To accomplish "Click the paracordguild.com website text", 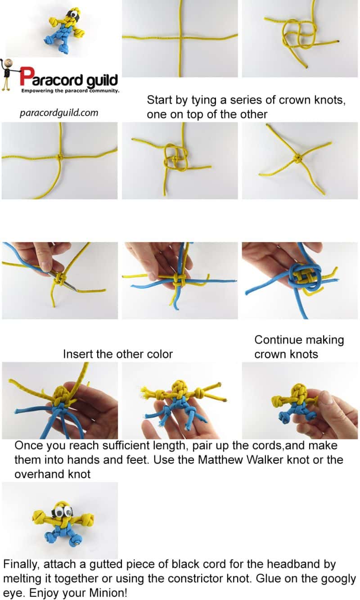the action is (x=59, y=113).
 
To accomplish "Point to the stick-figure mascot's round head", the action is (x=8, y=63).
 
